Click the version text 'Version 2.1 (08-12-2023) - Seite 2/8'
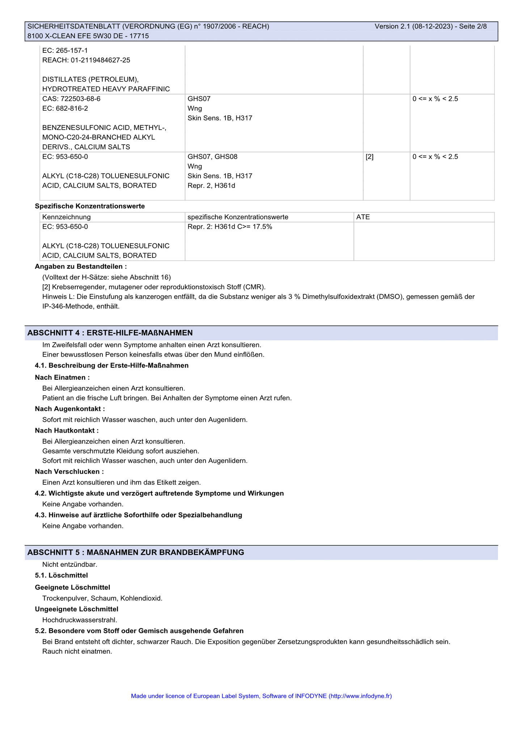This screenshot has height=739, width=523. tap(430, 26)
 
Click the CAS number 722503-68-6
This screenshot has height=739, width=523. tap(71, 99)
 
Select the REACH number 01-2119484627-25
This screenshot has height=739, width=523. tap(86, 60)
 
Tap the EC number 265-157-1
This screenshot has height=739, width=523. tap(65, 50)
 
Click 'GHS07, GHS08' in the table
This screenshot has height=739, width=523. tap(212, 157)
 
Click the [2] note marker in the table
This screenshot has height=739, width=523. tap(370, 157)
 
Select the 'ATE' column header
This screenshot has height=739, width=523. tap(363, 217)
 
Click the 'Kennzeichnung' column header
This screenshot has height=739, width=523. tap(67, 217)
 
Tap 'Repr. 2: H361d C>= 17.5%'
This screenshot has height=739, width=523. tap(230, 227)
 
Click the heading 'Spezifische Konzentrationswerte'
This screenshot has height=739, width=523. tap(90, 206)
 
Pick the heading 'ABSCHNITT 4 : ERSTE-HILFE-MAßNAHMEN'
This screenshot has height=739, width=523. tap(110, 333)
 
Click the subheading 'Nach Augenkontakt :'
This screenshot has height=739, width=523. tap(70, 409)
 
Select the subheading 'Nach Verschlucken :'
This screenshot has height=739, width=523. tap(69, 472)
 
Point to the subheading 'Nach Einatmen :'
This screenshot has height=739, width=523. tap(62, 378)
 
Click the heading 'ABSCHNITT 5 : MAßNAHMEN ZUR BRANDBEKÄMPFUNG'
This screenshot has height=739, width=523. tap(136, 552)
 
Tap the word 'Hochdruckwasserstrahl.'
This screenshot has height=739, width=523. tap(80, 620)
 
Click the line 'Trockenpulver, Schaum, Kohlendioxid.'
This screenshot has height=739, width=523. tap(102, 598)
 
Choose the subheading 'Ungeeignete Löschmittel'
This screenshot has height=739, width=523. tap(77, 609)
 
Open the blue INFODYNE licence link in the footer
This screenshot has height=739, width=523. tap(261, 696)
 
